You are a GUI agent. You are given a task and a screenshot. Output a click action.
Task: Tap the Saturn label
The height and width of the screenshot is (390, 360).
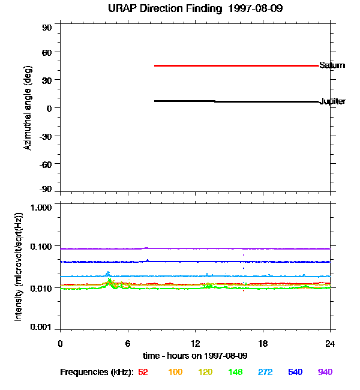click(x=332, y=65)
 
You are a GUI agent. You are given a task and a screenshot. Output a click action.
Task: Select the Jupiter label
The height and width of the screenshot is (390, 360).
click(x=332, y=101)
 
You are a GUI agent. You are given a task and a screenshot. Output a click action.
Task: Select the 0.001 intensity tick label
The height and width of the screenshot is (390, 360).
click(x=41, y=327)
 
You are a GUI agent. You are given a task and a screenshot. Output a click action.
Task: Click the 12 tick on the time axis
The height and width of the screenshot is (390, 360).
click(x=196, y=343)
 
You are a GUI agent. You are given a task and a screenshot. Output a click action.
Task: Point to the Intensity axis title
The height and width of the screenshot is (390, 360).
click(x=19, y=266)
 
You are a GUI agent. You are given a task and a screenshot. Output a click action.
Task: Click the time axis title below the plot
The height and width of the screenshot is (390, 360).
click(x=195, y=355)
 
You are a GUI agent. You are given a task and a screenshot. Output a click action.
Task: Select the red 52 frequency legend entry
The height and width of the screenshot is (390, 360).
click(x=143, y=373)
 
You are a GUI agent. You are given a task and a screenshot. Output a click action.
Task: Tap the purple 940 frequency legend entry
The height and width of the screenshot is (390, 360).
click(x=325, y=373)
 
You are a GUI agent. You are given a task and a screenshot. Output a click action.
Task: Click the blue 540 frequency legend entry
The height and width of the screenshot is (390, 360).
click(x=295, y=373)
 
